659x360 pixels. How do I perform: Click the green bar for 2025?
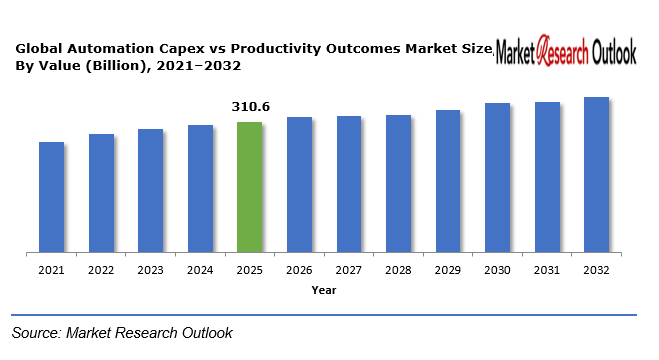click(x=249, y=187)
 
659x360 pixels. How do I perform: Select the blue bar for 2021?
click(x=51, y=197)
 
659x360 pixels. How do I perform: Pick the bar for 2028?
click(x=398, y=183)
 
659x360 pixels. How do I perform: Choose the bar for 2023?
click(x=150, y=190)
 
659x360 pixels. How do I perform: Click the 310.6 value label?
click(x=249, y=106)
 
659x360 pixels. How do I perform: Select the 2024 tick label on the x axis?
click(x=200, y=270)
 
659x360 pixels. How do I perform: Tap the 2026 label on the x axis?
click(x=299, y=270)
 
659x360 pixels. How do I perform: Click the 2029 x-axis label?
click(x=447, y=270)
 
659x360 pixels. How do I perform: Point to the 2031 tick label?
click(x=546, y=270)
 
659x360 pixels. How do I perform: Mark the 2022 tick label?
click(x=101, y=270)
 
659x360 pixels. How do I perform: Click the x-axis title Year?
click(x=323, y=290)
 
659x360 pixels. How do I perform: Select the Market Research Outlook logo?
click(x=566, y=51)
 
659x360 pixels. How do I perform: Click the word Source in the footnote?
click(x=37, y=332)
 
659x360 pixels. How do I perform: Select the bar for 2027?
click(x=348, y=184)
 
